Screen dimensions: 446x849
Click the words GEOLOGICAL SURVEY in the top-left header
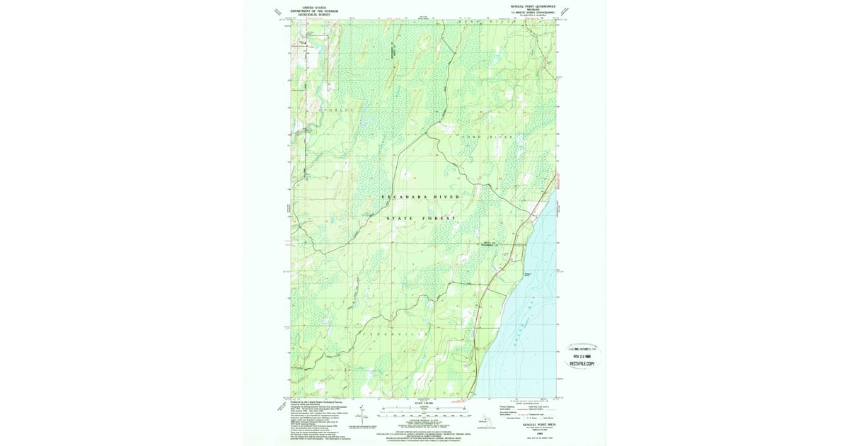click(x=316, y=14)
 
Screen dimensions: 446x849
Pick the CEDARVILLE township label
click(x=396, y=332)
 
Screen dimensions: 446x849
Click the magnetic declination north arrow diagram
click(x=362, y=415)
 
